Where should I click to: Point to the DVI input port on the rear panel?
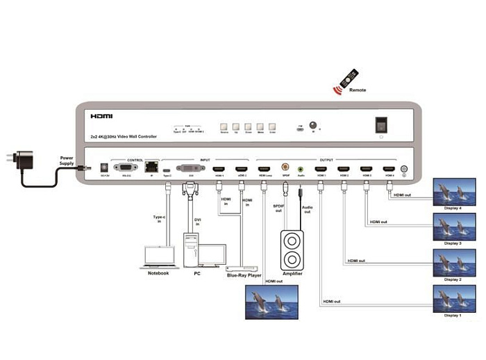coord(191,168)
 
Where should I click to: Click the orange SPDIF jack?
coord(285,167)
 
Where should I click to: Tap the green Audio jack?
coord(301,168)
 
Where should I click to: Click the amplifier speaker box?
coord(292,249)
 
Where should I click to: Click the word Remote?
coord(358,90)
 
